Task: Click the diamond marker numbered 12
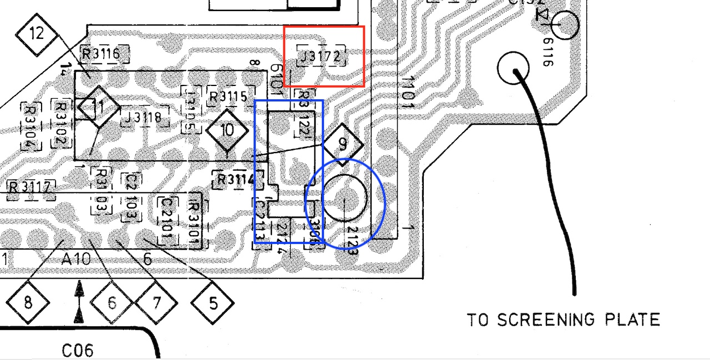[x=37, y=34]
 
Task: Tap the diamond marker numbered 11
[x=98, y=107]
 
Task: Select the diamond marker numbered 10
[x=227, y=131]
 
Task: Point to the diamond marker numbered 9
[x=343, y=144]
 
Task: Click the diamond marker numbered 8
[x=28, y=303]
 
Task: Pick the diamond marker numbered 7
[x=156, y=303]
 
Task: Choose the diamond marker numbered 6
[x=112, y=303]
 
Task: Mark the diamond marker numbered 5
[x=212, y=303]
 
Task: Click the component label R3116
[x=101, y=54]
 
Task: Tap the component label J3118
[x=143, y=118]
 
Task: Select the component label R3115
[x=228, y=97]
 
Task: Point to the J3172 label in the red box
[x=321, y=57]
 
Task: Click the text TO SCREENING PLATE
[x=563, y=320]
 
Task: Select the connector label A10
[x=76, y=259]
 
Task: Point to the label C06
[x=78, y=351]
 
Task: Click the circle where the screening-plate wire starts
[x=514, y=68]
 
